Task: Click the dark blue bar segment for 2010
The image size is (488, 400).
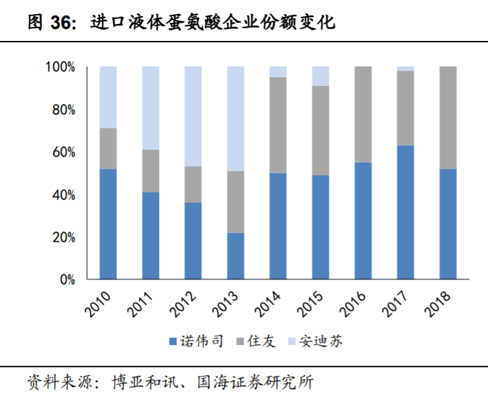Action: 108,223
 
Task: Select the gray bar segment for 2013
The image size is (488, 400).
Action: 236,202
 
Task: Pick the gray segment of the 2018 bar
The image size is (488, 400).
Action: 448,117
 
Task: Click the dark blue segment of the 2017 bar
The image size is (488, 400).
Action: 405,212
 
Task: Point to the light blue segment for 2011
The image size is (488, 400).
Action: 150,108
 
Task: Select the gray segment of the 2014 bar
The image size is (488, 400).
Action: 278,125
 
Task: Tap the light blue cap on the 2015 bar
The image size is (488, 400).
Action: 320,76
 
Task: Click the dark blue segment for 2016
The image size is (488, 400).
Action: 363,220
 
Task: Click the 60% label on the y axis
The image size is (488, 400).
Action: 62,152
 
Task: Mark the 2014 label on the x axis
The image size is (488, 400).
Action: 269,302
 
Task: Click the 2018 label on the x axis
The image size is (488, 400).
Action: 439,302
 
